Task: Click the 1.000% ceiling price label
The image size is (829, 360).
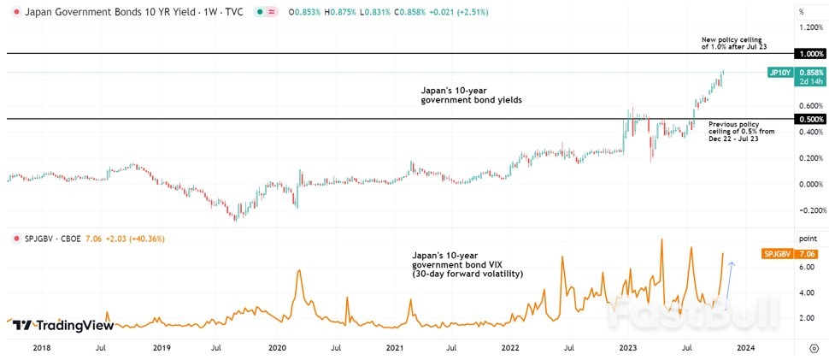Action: pyautogui.click(x=808, y=54)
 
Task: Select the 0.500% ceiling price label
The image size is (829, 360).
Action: pyautogui.click(x=808, y=119)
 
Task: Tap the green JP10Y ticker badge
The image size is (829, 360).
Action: pyautogui.click(x=779, y=74)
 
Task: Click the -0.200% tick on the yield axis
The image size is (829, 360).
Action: pyautogui.click(x=808, y=210)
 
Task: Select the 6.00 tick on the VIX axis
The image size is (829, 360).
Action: pyautogui.click(x=806, y=267)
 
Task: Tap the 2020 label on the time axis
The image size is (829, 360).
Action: pyautogui.click(x=277, y=348)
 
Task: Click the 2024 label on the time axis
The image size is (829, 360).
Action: pyautogui.click(x=745, y=348)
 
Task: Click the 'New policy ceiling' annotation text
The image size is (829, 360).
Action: pyautogui.click(x=734, y=44)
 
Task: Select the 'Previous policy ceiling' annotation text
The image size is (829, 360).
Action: pyautogui.click(x=740, y=132)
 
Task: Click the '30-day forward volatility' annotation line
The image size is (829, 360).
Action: pyautogui.click(x=467, y=274)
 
